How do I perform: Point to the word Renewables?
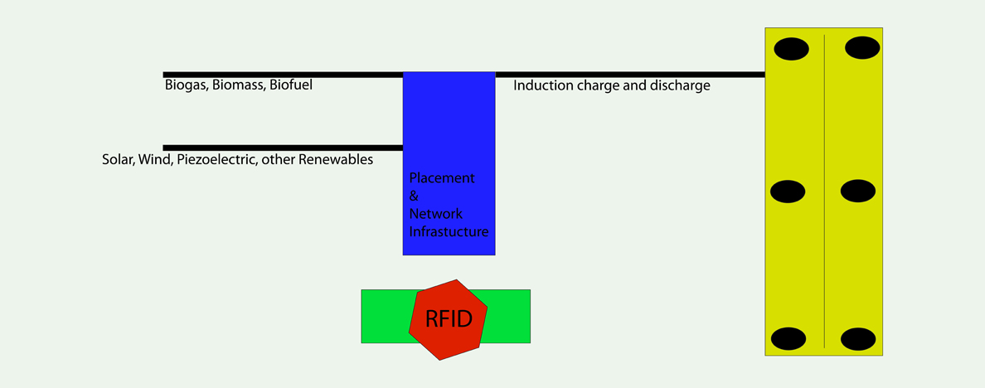pyautogui.click(x=336, y=159)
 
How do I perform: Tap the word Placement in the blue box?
pyautogui.click(x=442, y=177)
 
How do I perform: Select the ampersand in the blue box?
pyautogui.click(x=414, y=196)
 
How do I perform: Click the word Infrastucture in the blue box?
pyautogui.click(x=449, y=231)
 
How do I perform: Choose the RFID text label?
pyautogui.click(x=449, y=319)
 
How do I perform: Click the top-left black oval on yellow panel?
pyautogui.click(x=791, y=49)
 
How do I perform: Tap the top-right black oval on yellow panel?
pyautogui.click(x=862, y=48)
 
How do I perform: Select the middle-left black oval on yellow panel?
pyautogui.click(x=788, y=192)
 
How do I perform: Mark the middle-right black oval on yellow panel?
pyautogui.click(x=858, y=191)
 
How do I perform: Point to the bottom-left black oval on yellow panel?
pyautogui.click(x=788, y=339)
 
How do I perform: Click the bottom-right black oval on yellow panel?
pyautogui.click(x=858, y=339)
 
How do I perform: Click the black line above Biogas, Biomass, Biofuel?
pyautogui.click(x=283, y=75)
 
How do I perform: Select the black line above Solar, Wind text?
pyautogui.click(x=283, y=148)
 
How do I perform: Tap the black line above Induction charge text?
pyautogui.click(x=630, y=75)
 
